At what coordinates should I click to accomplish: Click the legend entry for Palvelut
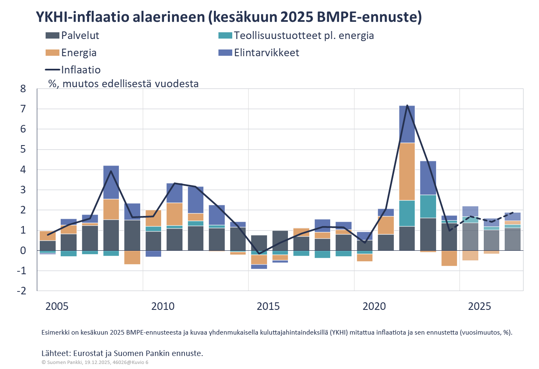pyautogui.click(x=80, y=36)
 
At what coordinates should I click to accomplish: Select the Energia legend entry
pyautogui.click(x=79, y=53)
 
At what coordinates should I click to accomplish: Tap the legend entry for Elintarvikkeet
pyautogui.click(x=267, y=53)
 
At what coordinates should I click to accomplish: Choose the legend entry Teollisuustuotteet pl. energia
pyautogui.click(x=304, y=36)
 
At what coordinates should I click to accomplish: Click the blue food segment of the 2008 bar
pyautogui.click(x=111, y=182)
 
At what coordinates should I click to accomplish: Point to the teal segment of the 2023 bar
pyautogui.click(x=428, y=206)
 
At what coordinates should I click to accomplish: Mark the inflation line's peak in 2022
pyautogui.click(x=407, y=105)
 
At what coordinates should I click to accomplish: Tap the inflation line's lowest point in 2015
pyautogui.click(x=259, y=254)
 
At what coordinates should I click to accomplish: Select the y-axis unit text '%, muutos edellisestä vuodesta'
pyautogui.click(x=123, y=83)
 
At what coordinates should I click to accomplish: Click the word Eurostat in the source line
pyautogui.click(x=90, y=353)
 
